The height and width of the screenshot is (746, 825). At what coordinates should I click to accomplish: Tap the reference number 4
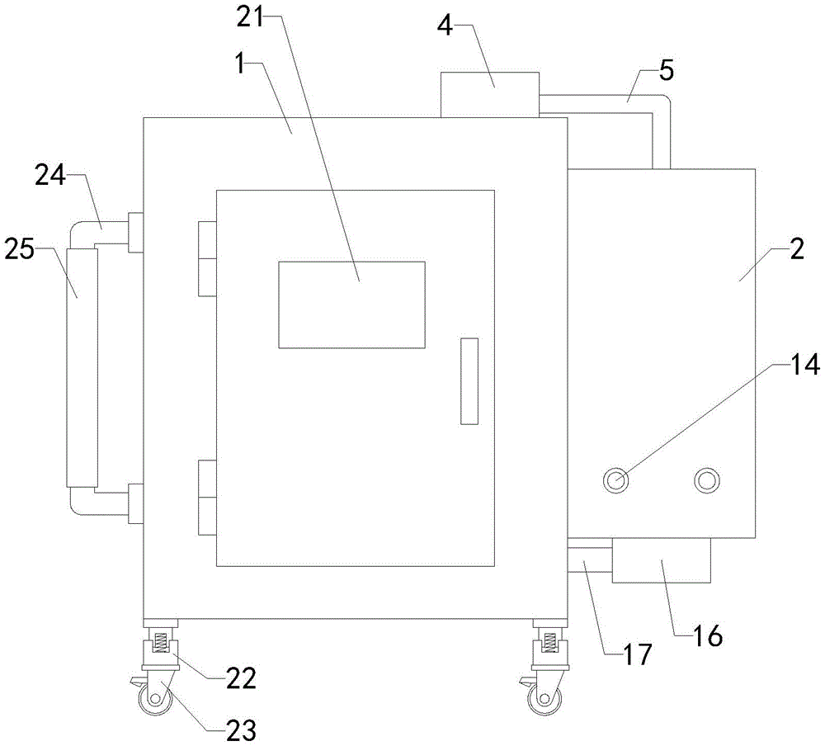pyautogui.click(x=445, y=26)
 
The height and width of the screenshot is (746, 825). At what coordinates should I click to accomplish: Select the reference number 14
pyautogui.click(x=805, y=364)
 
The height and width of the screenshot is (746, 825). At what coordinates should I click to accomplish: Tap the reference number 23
pyautogui.click(x=241, y=730)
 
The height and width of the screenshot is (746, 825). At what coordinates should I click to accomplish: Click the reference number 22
pyautogui.click(x=241, y=678)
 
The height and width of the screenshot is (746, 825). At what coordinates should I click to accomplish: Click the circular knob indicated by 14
pyautogui.click(x=616, y=480)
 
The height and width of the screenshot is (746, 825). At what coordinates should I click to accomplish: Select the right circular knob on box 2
pyautogui.click(x=707, y=480)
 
